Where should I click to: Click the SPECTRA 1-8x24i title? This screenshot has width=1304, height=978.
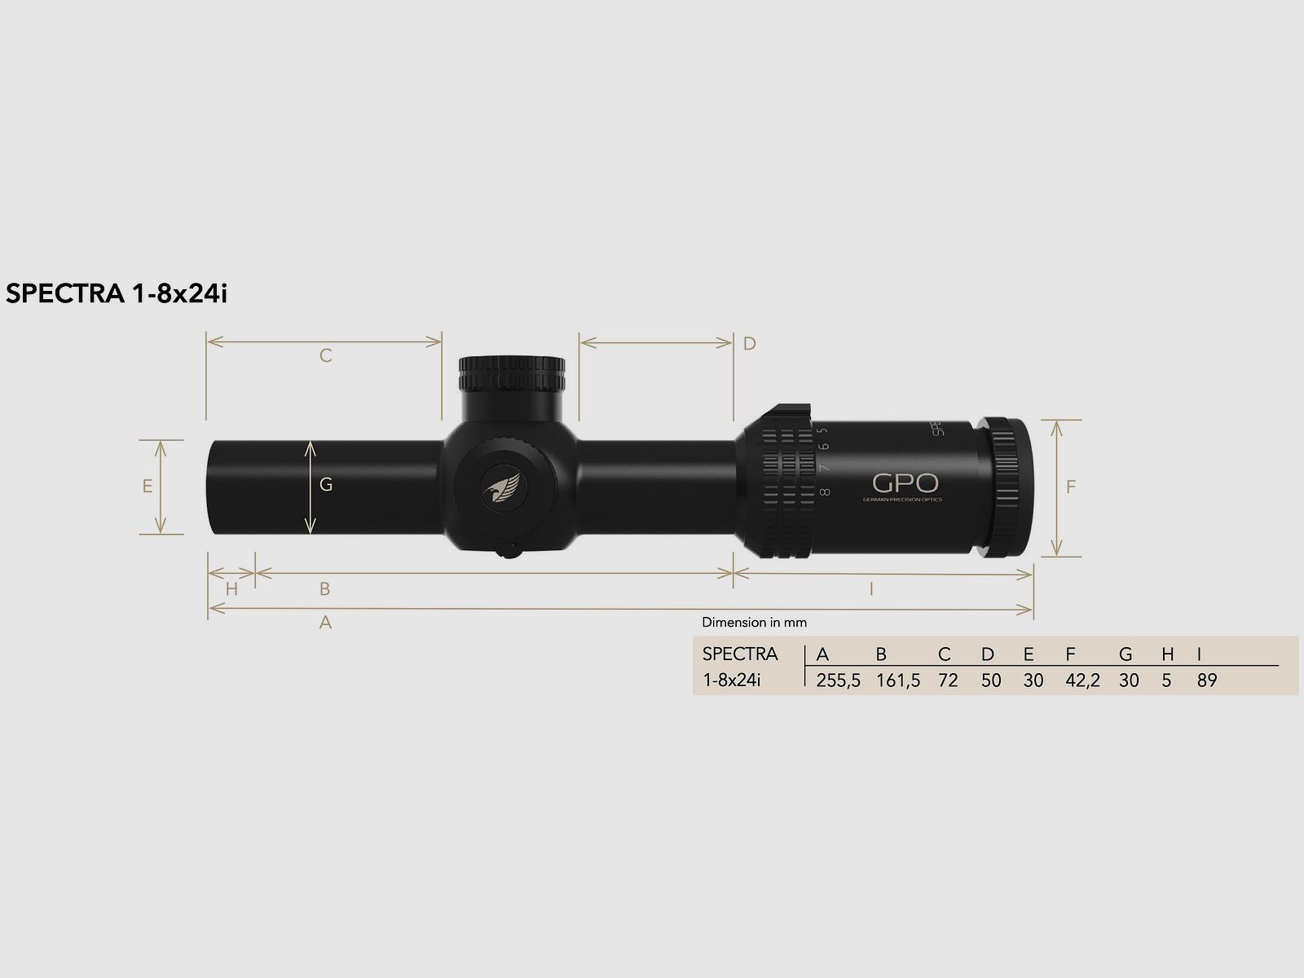coord(116,294)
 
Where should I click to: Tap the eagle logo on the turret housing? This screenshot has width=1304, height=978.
coord(503,489)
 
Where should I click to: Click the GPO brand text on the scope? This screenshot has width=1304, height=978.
coord(895,483)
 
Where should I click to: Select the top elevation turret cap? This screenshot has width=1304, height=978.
coord(512,374)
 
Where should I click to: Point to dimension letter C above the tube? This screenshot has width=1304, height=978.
coord(325,356)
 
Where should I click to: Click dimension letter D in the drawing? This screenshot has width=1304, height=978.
coord(750,344)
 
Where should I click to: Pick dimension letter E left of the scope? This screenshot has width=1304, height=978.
coord(148,487)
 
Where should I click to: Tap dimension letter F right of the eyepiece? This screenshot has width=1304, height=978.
coord(1071,487)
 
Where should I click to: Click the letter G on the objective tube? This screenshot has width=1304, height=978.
coord(326,485)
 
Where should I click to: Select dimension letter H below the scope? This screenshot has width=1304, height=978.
coord(231,588)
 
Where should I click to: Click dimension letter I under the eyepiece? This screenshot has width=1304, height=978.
coord(871,588)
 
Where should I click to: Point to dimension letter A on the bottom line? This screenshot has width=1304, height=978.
coord(325,623)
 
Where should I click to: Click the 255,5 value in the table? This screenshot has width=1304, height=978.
coord(838,681)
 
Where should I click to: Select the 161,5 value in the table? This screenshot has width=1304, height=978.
coord(898,681)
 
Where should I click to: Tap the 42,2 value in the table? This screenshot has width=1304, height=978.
coord(1082,681)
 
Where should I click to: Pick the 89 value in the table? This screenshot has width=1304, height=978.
coord(1207,681)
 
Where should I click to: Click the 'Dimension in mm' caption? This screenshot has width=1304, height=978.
coord(754,623)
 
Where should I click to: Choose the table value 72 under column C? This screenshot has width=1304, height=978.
coord(948,681)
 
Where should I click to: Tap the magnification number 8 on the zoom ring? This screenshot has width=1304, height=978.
coord(825,491)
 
